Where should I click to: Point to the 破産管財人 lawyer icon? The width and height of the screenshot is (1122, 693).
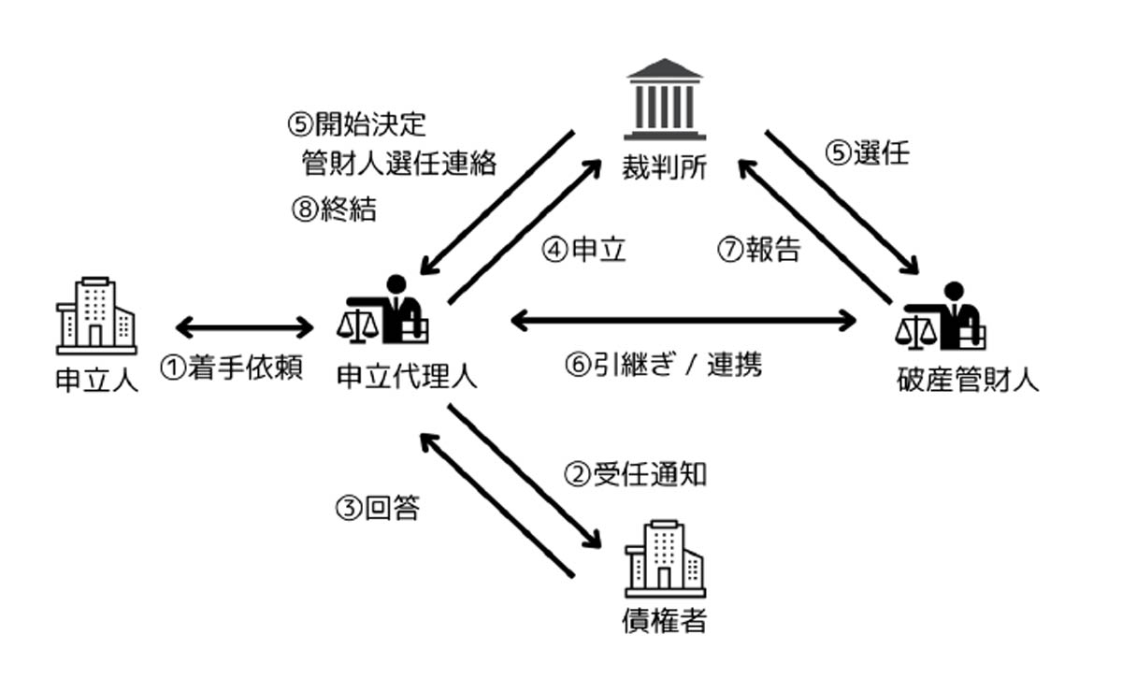(x=942, y=315)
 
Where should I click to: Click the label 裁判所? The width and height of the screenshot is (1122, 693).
(x=665, y=168)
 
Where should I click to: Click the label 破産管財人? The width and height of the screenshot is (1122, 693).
(x=967, y=381)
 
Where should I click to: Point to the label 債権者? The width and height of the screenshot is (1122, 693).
(x=665, y=619)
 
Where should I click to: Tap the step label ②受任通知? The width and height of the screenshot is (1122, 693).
(x=635, y=474)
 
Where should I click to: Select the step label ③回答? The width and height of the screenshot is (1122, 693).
(x=377, y=509)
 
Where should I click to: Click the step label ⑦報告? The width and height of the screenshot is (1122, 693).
(x=759, y=250)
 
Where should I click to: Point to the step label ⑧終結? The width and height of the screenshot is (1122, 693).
(x=334, y=209)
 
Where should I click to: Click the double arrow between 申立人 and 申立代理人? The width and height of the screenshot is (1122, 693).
(x=246, y=327)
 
